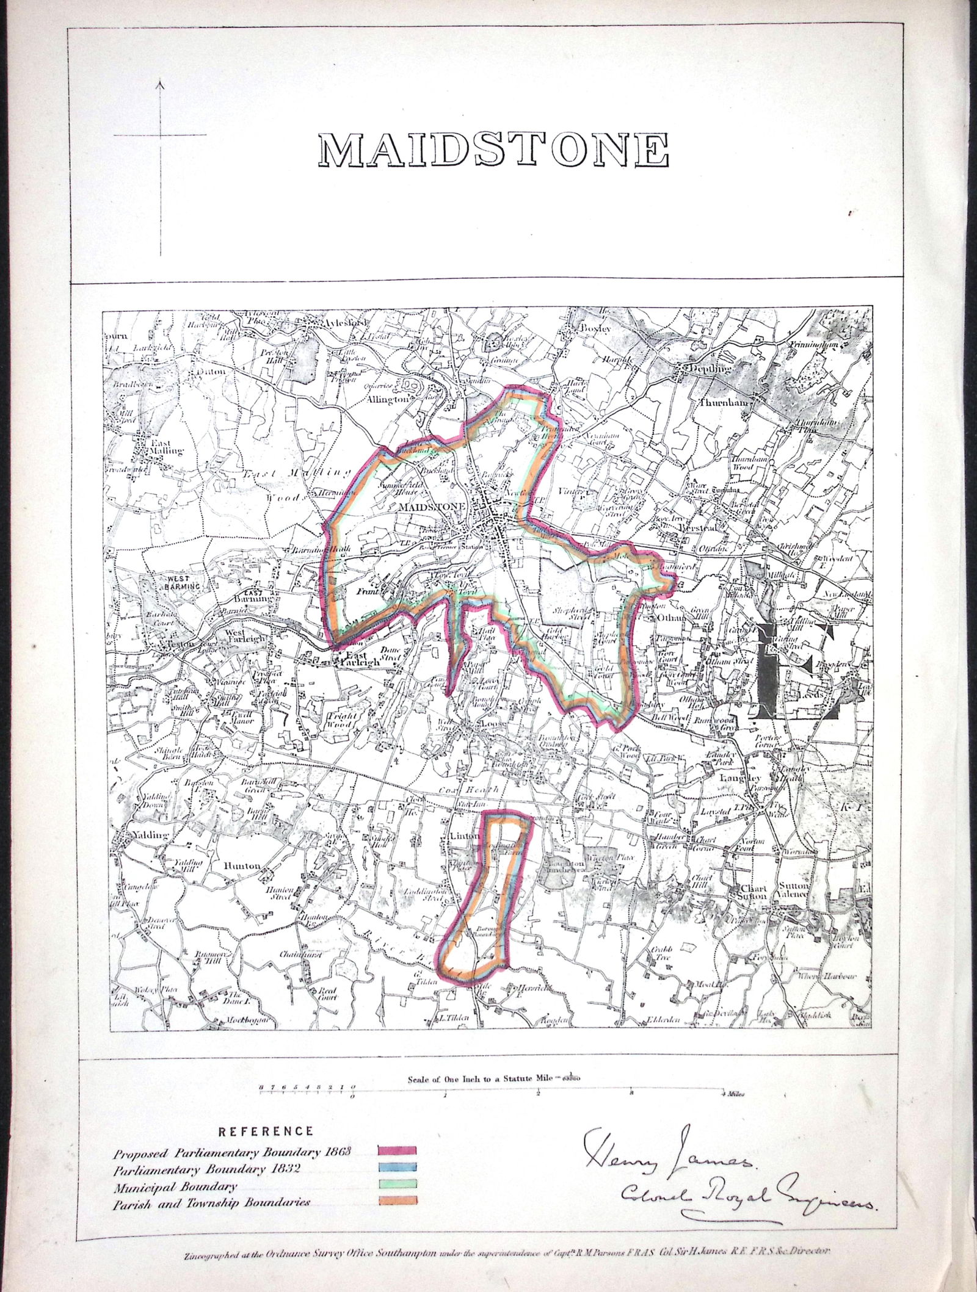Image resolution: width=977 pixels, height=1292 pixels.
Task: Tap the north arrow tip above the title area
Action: [161, 81]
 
